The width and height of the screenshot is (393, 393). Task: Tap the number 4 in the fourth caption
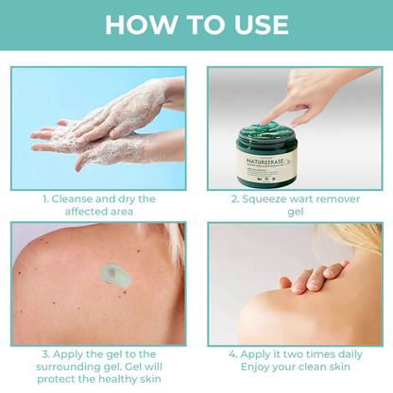[231, 354]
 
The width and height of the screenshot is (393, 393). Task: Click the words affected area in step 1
[98, 214]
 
